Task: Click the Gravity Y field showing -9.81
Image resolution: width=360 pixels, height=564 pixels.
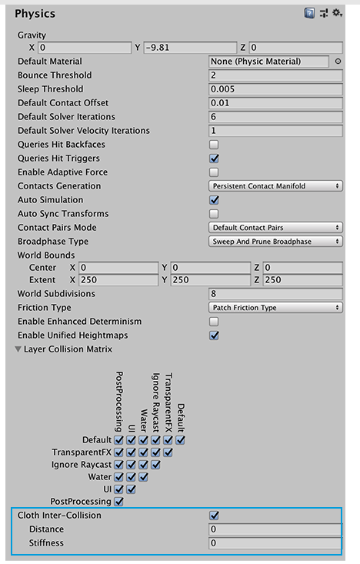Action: [x=190, y=48]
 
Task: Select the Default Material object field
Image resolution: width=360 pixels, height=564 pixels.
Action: [x=269, y=62]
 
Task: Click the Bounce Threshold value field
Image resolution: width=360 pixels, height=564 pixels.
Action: [x=275, y=75]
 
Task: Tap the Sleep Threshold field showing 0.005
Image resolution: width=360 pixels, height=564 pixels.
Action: [x=275, y=89]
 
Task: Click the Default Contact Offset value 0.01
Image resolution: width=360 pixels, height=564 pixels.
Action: [x=275, y=103]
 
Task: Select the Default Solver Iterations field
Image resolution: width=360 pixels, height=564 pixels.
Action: [x=275, y=117]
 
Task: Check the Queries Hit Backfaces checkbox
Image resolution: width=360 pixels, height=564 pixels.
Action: [x=214, y=145]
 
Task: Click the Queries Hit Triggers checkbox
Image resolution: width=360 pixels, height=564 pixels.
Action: [x=214, y=159]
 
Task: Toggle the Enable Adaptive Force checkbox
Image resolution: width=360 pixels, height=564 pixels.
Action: [x=214, y=172]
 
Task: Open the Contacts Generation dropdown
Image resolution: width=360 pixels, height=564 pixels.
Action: [x=275, y=186]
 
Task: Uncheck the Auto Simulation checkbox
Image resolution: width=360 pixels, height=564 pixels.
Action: [x=214, y=200]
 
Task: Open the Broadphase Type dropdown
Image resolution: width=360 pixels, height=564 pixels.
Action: [x=275, y=242]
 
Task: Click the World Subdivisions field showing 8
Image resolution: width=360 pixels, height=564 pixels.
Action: [x=275, y=294]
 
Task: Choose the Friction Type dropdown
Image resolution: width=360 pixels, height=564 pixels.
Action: [x=275, y=308]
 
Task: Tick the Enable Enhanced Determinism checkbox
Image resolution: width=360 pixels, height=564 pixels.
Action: [x=214, y=322]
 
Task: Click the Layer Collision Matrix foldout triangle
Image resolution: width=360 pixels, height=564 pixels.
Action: [x=17, y=349]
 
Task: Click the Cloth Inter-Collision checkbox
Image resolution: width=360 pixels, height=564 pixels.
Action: [x=214, y=516]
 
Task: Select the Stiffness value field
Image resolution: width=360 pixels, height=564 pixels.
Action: [x=275, y=543]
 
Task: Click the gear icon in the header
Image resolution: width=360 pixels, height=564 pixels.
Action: [x=337, y=13]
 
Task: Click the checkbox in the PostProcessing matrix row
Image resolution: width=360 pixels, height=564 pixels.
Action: [x=118, y=502]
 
